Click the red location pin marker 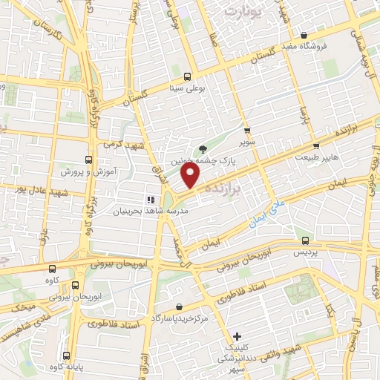tap(191, 175)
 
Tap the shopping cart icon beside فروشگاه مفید tap(304, 35)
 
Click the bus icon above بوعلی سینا tap(186, 76)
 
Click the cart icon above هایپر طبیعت tap(317, 146)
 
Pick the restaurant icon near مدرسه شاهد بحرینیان tap(150, 199)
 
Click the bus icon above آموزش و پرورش tap(89, 160)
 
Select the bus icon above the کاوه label tap(52, 269)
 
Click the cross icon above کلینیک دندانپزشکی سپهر tap(237, 336)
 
